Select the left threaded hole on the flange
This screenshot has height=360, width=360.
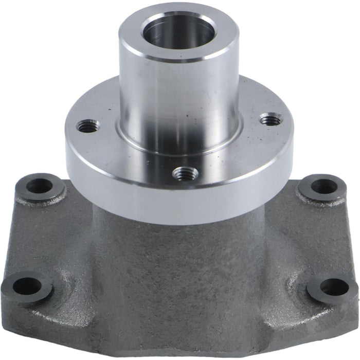[x=88, y=126]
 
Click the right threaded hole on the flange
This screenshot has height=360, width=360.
[x=270, y=121]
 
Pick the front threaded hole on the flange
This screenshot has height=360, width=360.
[x=185, y=174]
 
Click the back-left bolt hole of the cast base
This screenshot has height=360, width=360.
[x=40, y=186]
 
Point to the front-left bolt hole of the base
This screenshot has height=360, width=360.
[x=27, y=285]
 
